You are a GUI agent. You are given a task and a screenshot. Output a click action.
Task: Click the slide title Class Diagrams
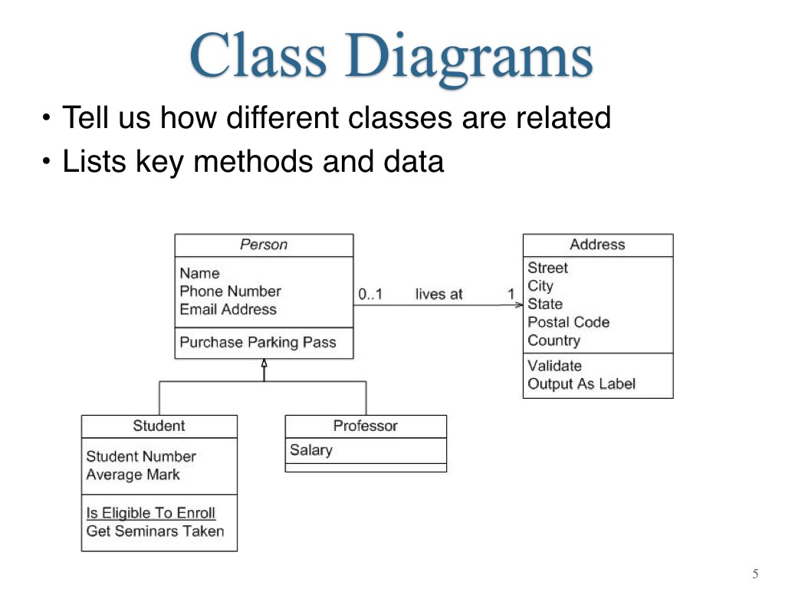coord(391,56)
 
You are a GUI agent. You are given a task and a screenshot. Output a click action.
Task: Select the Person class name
coord(264,245)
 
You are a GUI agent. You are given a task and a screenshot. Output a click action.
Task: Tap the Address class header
coord(597,245)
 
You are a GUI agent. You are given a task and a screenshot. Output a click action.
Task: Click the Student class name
coord(159,426)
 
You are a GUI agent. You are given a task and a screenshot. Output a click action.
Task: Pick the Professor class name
coord(366,426)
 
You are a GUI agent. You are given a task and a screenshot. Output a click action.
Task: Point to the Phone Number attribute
coord(230,291)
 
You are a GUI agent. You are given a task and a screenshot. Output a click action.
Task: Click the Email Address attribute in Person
coord(228,309)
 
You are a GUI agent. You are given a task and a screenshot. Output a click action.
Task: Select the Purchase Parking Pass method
coord(258,342)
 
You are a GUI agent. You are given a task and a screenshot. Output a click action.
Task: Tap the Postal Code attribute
coord(569,322)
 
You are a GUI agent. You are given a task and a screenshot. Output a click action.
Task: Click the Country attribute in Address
coord(554,341)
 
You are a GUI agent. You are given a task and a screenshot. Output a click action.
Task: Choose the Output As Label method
coord(581,383)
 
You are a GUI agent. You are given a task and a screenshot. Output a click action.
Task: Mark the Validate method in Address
coord(555,366)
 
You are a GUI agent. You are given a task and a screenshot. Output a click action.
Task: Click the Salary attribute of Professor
coord(311,449)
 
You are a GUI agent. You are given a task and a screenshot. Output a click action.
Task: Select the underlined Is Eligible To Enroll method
coord(151,513)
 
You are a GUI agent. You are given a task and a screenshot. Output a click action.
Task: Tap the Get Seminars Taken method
coord(155,531)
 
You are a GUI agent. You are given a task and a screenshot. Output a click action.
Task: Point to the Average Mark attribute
coord(133,474)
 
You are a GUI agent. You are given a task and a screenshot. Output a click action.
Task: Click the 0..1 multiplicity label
coord(370,294)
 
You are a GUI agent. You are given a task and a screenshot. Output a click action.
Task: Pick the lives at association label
coord(438,294)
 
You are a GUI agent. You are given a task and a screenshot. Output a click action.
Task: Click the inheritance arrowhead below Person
coord(264,363)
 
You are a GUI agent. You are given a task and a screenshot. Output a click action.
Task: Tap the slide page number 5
coord(755,574)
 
